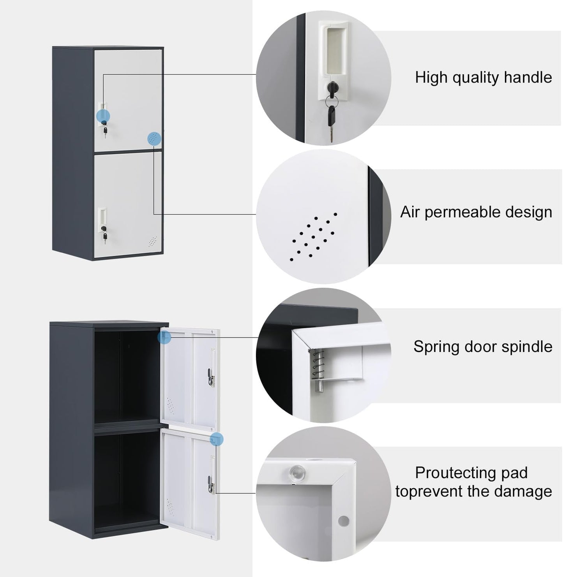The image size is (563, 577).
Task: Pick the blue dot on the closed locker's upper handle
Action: point(103,116)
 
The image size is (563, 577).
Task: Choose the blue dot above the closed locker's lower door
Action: point(154,139)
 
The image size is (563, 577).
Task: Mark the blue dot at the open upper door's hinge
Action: point(164,337)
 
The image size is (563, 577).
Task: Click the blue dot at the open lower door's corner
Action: point(217,439)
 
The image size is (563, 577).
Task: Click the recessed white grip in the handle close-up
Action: point(334,51)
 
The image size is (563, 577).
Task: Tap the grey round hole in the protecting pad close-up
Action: point(344,520)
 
